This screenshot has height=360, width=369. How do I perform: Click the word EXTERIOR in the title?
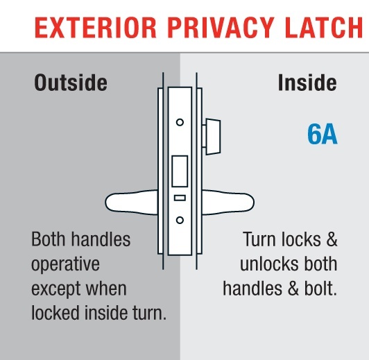pyautogui.click(x=96, y=28)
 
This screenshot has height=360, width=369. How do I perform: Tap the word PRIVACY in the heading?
pyautogui.click(x=221, y=28)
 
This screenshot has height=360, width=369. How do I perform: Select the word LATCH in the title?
pyautogui.click(x=325, y=28)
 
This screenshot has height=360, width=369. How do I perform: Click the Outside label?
pyautogui.click(x=71, y=83)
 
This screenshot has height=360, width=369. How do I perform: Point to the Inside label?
pyautogui.click(x=307, y=83)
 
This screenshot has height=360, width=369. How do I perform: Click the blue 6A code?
pyautogui.click(x=323, y=134)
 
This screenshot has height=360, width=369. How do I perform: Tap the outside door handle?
pyautogui.click(x=132, y=203)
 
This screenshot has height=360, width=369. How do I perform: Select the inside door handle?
pyautogui.click(x=228, y=203)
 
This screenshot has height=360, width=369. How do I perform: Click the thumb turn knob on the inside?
pyautogui.click(x=213, y=137)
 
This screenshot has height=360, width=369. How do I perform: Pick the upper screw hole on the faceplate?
pyautogui.click(x=180, y=122)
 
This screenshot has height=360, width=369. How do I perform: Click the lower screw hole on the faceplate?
pyautogui.click(x=180, y=221)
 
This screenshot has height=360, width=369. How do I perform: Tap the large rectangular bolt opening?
pyautogui.click(x=180, y=171)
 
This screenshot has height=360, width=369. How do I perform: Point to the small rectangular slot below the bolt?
pyautogui.click(x=180, y=198)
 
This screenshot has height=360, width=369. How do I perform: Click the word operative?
pyautogui.click(x=65, y=265)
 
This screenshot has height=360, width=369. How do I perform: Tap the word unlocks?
pyautogui.click(x=269, y=264)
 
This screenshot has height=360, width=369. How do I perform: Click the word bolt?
pyautogui.click(x=321, y=289)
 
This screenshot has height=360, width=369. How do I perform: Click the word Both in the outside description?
pyautogui.click(x=49, y=239)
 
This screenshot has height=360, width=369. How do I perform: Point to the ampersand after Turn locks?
pyautogui.click(x=332, y=239)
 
